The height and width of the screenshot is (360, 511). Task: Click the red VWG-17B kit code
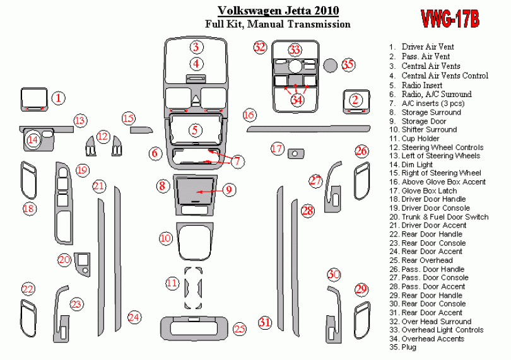pyautogui.click(x=450, y=19)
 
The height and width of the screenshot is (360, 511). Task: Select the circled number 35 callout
pyautogui.click(x=348, y=64)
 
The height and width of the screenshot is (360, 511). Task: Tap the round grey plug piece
pyautogui.click(x=330, y=65)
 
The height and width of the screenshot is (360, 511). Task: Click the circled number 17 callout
pyautogui.click(x=277, y=149)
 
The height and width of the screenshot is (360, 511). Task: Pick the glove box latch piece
pyautogui.click(x=296, y=153)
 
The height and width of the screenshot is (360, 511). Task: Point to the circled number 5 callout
pyautogui.click(x=195, y=131)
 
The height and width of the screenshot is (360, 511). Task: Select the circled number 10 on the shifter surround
pyautogui.click(x=165, y=238)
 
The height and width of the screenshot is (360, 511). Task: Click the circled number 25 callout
pyautogui.click(x=240, y=328)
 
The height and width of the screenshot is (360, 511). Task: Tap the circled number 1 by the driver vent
pyautogui.click(x=58, y=98)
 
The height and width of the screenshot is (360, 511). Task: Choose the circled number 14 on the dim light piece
pyautogui.click(x=33, y=140)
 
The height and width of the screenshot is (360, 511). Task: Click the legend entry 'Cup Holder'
pyautogui.click(x=414, y=139)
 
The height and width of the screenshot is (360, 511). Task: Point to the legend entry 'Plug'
pyautogui.click(x=402, y=347)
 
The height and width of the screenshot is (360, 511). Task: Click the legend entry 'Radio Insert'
pyautogui.click(x=416, y=85)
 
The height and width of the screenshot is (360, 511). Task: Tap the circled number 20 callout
pyautogui.click(x=64, y=260)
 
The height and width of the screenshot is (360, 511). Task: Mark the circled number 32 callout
pyautogui.click(x=260, y=47)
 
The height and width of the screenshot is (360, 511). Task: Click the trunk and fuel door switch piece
pyautogui.click(x=82, y=264)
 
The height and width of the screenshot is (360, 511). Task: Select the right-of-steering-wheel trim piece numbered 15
pyautogui.click(x=141, y=130)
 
